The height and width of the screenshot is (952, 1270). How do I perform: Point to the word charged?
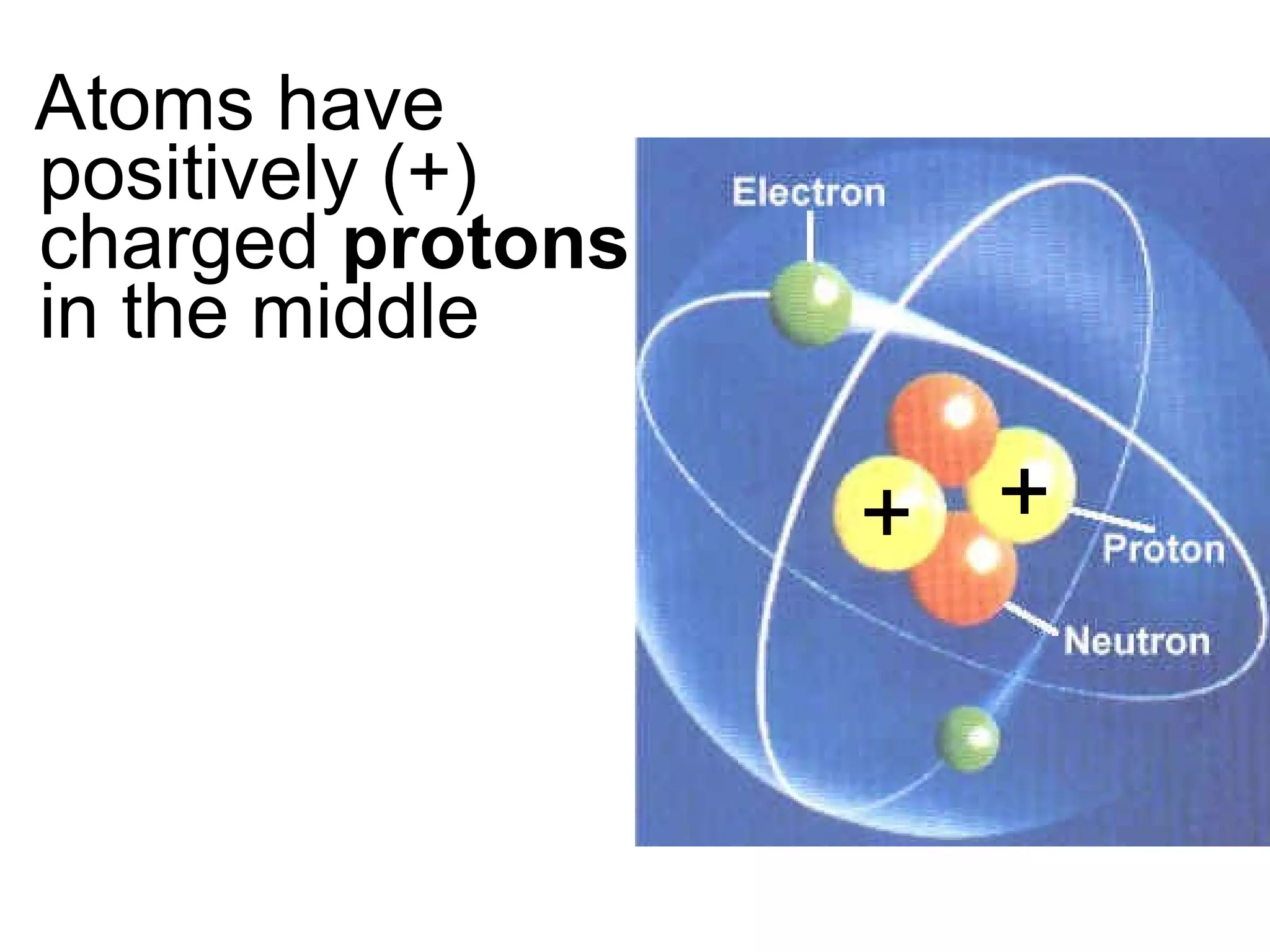[x=179, y=245]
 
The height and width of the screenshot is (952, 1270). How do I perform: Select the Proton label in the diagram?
[x=1163, y=549]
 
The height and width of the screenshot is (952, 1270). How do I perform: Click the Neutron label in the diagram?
[x=1137, y=641]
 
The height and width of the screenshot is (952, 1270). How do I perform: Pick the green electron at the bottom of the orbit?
[x=968, y=739]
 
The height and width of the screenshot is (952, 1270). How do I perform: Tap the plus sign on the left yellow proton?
[x=886, y=513]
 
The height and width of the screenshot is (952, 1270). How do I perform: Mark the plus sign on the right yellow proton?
[x=1024, y=491]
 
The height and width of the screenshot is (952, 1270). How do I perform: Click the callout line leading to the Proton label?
[x=1113, y=519]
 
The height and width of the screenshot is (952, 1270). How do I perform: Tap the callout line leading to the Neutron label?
[x=1032, y=620]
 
